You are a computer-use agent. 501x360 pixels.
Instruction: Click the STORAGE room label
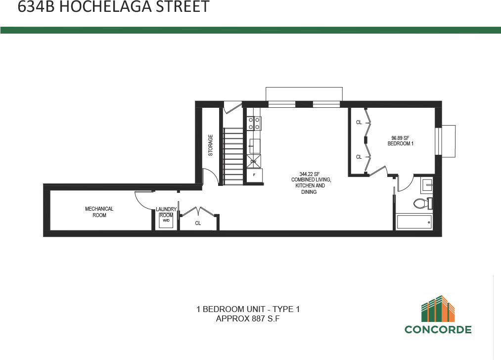tap(210, 145)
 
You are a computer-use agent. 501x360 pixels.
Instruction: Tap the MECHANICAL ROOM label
tap(99, 212)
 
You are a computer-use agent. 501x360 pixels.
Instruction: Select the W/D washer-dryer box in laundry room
tap(166, 221)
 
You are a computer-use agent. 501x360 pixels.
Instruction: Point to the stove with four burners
tap(255, 123)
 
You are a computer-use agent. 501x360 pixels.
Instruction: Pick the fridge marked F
tap(254, 175)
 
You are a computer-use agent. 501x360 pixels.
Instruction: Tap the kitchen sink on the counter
tap(255, 145)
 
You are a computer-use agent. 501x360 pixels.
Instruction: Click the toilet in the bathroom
tap(422, 203)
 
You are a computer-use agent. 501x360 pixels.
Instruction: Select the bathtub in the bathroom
tap(414, 222)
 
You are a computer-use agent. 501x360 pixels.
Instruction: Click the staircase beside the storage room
tap(232, 156)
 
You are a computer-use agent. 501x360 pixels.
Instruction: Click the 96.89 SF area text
tap(400, 138)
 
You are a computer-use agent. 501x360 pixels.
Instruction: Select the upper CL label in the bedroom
tap(359, 122)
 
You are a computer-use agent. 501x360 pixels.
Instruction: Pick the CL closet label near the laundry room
tap(198, 224)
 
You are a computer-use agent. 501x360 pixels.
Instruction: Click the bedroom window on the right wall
tap(437, 141)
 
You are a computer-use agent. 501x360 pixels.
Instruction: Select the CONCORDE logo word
tap(438, 329)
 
